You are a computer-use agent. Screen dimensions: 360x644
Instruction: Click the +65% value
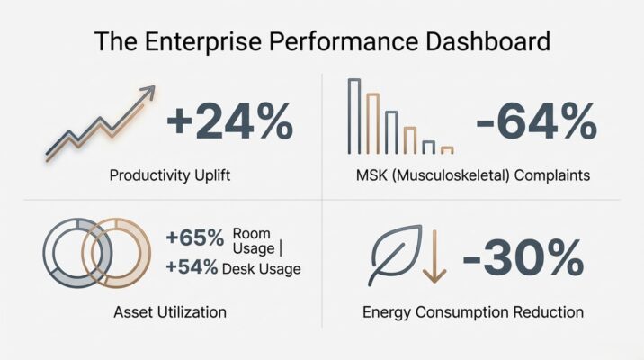[x=194, y=238]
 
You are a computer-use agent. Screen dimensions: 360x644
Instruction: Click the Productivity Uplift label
[x=169, y=175]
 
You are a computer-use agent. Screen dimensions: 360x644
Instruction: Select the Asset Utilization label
[x=169, y=312]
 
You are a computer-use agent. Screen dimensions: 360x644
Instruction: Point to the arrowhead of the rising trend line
[x=147, y=92]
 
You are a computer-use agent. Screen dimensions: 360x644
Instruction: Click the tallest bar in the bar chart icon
[x=353, y=117]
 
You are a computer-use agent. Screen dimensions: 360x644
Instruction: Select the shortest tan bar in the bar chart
[x=447, y=150]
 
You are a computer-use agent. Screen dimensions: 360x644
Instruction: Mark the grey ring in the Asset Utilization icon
[x=68, y=253]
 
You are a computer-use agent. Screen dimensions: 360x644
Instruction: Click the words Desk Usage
[x=266, y=268]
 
